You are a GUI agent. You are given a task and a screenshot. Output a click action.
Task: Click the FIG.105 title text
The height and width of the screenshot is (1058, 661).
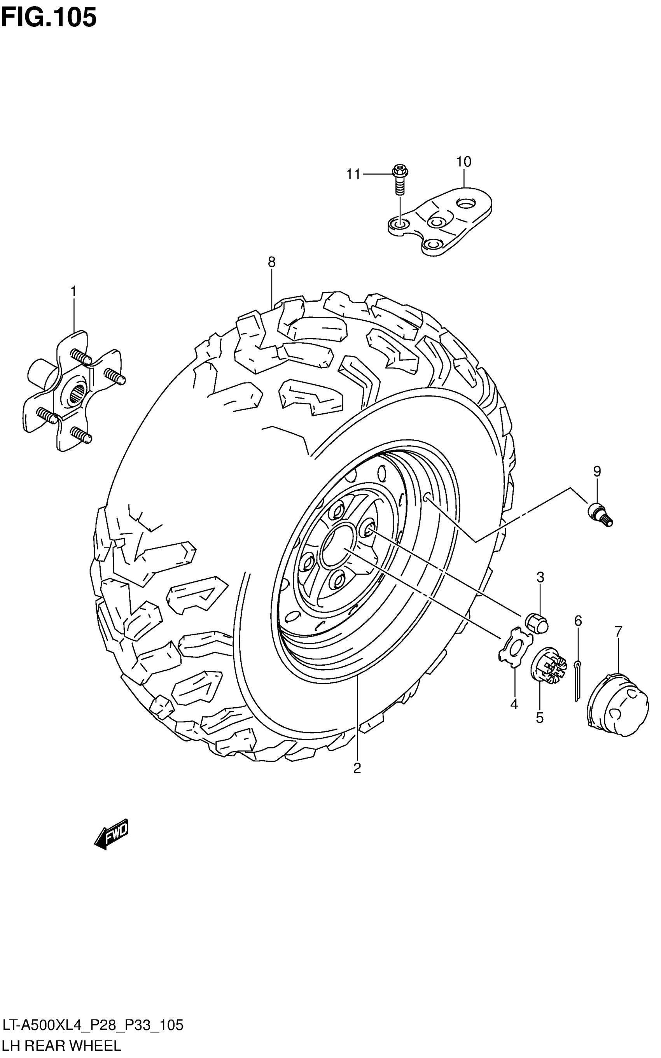(49, 18)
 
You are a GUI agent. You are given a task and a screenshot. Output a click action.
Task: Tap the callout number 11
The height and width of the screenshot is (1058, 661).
(353, 175)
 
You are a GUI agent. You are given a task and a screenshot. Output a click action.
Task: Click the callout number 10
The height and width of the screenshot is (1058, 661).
(464, 162)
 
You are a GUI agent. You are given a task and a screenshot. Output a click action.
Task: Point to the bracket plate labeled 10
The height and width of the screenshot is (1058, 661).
(442, 221)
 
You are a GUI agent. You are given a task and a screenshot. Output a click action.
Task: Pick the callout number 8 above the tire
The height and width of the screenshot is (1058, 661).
(271, 262)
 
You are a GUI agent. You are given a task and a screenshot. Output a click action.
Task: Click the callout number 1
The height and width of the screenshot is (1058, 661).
(73, 291)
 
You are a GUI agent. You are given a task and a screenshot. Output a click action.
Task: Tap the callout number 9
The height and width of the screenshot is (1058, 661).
(597, 471)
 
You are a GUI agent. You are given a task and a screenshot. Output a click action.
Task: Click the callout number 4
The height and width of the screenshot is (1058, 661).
(514, 704)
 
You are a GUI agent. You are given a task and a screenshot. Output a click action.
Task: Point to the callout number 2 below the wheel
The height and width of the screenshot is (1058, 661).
(357, 768)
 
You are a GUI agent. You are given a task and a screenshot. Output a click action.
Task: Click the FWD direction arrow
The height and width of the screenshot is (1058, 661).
(112, 834)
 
